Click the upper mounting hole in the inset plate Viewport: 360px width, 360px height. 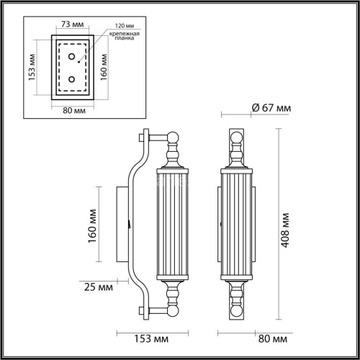[71, 55]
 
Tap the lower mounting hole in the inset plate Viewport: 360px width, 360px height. [71, 78]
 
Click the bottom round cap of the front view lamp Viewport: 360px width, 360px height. [236, 312]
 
